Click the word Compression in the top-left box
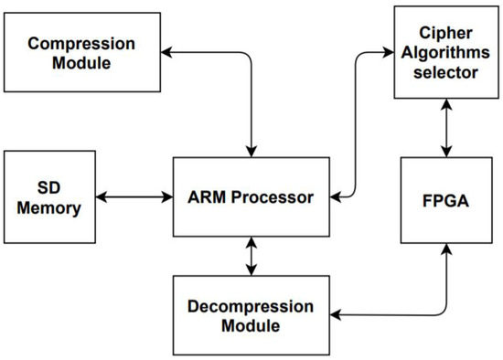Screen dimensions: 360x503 coord(81,44)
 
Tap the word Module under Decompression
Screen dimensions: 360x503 coord(251,326)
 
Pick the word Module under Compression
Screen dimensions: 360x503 coord(81,64)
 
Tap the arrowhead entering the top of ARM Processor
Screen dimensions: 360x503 coord(251,151)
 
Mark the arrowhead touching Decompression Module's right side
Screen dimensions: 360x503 coord(335,315)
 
